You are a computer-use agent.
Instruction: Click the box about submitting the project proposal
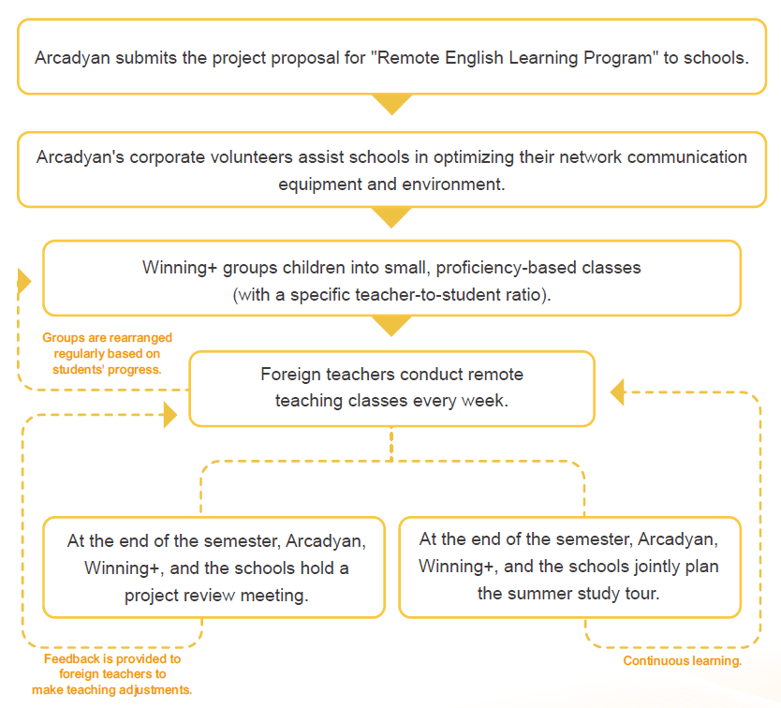click(x=391, y=58)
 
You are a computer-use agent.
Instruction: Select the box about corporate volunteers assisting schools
click(x=391, y=170)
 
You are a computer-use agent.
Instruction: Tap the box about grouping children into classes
click(x=391, y=278)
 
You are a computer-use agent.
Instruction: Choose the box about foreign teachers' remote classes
click(x=391, y=388)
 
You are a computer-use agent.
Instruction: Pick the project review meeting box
click(x=214, y=568)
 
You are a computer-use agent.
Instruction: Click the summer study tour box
click(x=569, y=568)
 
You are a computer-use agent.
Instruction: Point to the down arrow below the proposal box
click(x=391, y=104)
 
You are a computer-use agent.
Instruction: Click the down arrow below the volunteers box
click(x=391, y=217)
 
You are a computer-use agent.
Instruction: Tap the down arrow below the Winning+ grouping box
click(x=391, y=326)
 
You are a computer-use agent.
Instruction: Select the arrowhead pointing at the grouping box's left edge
click(x=24, y=280)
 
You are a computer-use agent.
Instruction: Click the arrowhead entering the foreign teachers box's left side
click(x=170, y=415)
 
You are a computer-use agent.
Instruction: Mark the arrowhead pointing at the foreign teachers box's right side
click(x=617, y=391)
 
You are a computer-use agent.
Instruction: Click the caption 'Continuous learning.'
click(x=683, y=661)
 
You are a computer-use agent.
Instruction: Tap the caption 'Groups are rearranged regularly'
click(x=107, y=353)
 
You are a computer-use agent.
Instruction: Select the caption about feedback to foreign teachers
click(x=112, y=674)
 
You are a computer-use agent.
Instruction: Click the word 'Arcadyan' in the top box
click(x=71, y=58)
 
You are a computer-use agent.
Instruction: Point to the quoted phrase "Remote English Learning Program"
click(x=514, y=58)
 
